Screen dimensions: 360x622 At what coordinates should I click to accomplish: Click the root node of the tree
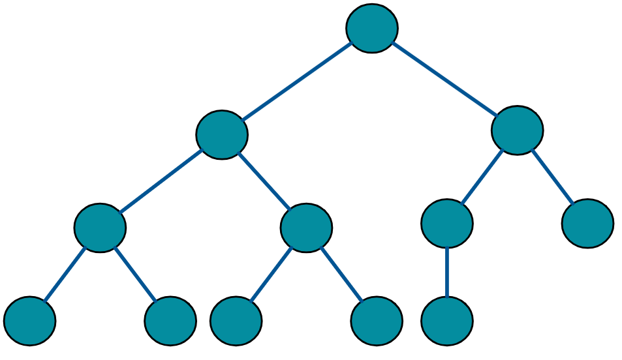click(x=372, y=28)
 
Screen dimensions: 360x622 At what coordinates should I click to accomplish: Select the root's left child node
click(x=222, y=134)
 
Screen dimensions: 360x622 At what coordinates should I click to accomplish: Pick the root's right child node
click(x=517, y=130)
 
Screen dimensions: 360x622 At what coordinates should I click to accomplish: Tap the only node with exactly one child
click(x=447, y=223)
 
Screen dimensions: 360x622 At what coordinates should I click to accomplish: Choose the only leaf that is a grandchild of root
click(x=587, y=223)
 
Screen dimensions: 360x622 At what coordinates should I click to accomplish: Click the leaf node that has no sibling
click(x=447, y=321)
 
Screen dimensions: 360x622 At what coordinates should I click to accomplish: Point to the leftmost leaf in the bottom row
click(x=30, y=321)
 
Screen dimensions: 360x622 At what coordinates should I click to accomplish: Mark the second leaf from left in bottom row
click(x=170, y=321)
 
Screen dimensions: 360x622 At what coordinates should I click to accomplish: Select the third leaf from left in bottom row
click(x=236, y=321)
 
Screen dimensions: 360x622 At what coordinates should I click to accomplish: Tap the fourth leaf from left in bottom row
click(x=377, y=321)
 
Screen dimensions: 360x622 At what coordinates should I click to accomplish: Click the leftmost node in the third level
click(x=100, y=228)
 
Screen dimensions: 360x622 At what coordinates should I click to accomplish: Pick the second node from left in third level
click(x=306, y=228)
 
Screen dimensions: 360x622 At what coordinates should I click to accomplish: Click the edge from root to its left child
click(x=297, y=82)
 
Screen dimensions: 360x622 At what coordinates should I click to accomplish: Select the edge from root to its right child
click(x=444, y=79)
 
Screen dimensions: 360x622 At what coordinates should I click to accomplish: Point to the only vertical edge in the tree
click(x=447, y=272)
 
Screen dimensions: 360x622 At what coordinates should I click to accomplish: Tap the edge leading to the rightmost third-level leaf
click(x=552, y=177)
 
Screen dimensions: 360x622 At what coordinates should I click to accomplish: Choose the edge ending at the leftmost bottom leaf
click(x=65, y=275)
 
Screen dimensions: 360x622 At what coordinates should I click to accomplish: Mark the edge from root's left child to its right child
click(x=264, y=181)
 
